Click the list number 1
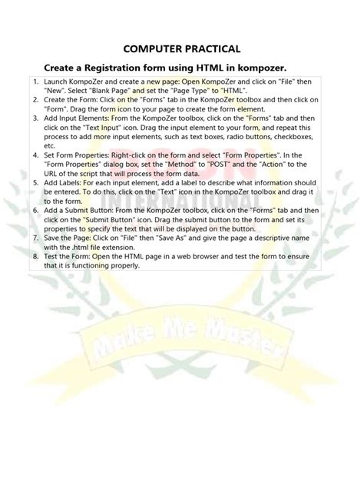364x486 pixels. [35, 82]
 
